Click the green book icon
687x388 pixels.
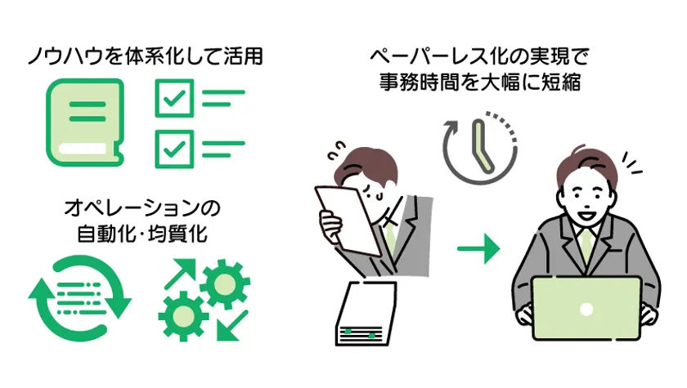[84, 123]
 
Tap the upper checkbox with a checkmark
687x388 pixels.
[174, 98]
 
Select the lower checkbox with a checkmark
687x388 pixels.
[174, 149]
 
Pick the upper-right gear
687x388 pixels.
[225, 284]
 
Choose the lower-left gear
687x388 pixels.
[183, 316]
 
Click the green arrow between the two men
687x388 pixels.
[478, 248]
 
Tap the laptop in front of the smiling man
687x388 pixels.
[586, 309]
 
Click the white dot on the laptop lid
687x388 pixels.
[586, 310]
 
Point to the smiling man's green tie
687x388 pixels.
[586, 248]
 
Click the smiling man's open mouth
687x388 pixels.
[586, 215]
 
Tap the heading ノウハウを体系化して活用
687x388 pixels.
[146, 56]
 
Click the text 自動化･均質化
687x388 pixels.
[142, 234]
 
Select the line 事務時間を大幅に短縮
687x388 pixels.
[480, 82]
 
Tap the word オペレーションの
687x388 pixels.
[142, 207]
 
